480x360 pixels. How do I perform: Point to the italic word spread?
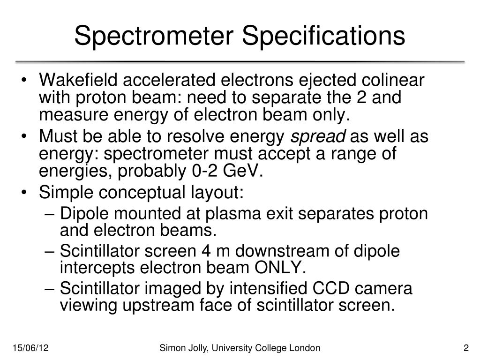point(318,137)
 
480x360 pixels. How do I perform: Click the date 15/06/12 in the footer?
point(31,348)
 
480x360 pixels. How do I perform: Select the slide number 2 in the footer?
point(466,348)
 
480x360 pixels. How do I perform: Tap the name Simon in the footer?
point(171,348)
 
